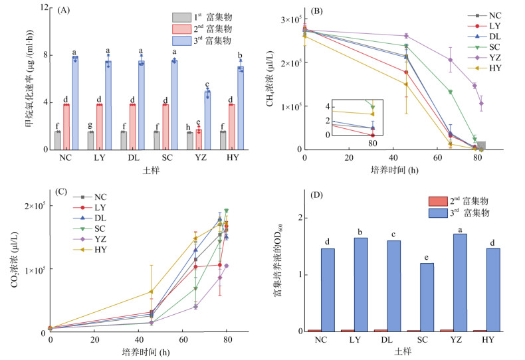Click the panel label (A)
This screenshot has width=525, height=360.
click(x=64, y=11)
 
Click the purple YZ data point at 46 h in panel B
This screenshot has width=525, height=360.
click(x=405, y=36)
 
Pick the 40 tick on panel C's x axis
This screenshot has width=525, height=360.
click(x=140, y=340)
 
